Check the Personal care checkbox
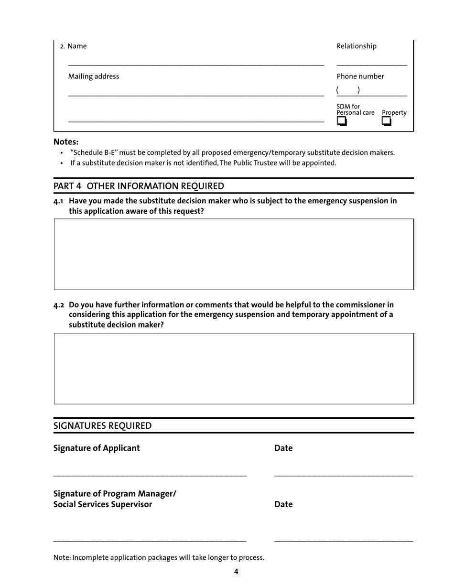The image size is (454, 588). [x=341, y=121]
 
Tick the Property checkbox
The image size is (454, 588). [x=387, y=121]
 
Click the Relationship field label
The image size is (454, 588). [x=357, y=46]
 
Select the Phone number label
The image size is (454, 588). [x=360, y=76]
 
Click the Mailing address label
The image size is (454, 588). [x=94, y=76]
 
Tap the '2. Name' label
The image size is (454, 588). [x=73, y=46]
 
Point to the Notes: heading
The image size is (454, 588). [x=66, y=142]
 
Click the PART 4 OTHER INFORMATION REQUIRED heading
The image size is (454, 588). [x=139, y=186]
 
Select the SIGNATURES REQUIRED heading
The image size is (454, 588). [x=102, y=426]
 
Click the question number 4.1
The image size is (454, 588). [x=59, y=201]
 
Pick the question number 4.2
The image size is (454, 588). [x=59, y=305]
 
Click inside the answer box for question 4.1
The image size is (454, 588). [x=234, y=254]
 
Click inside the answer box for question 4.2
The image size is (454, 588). [x=234, y=369]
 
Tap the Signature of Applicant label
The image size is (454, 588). [x=97, y=448]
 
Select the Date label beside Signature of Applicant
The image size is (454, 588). [x=283, y=448]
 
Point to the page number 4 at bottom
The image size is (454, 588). [x=236, y=572]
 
